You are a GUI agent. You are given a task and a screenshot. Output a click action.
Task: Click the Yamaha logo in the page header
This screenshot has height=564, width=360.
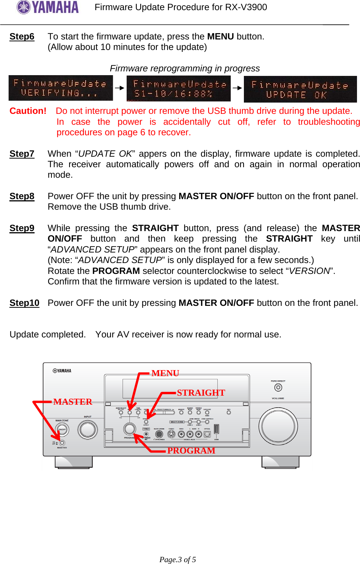(48, 7)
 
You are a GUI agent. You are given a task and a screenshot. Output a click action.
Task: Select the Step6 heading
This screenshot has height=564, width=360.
(22, 36)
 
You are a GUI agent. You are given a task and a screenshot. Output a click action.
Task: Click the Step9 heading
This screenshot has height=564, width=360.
(22, 228)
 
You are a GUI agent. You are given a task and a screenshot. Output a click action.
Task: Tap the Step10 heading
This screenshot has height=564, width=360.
(24, 303)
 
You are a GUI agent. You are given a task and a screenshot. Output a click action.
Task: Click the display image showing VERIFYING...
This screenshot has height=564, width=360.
(61, 88)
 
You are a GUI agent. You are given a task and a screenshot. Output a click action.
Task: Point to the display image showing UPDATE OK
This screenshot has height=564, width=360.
(300, 89)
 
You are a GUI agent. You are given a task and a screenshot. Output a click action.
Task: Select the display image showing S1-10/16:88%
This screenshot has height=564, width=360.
(178, 89)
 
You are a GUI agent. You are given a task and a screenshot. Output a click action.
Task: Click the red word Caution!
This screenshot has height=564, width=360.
(28, 111)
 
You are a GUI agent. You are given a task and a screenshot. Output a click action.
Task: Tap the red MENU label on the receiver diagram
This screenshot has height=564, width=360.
(165, 373)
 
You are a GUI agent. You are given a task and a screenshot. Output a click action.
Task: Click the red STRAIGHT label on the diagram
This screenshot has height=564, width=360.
(201, 393)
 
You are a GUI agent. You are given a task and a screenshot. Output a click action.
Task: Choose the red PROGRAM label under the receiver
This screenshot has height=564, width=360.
(191, 451)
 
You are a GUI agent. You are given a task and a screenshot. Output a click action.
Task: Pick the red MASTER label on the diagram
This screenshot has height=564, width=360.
(73, 402)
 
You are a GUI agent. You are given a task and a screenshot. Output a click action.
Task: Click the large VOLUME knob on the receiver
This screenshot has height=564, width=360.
(278, 426)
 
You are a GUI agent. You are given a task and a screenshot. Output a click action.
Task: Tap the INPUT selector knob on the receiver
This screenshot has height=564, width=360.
(88, 429)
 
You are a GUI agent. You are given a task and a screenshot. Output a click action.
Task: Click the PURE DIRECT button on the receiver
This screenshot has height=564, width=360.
(278, 387)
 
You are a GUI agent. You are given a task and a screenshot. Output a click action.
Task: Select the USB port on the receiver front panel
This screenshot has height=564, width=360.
(216, 429)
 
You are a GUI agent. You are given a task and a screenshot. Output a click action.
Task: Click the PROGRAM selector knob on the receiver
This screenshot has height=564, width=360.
(130, 428)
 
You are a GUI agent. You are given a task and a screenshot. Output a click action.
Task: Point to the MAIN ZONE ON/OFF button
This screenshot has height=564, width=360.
(62, 429)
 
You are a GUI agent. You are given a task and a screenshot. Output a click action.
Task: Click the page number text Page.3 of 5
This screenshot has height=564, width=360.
(177, 559)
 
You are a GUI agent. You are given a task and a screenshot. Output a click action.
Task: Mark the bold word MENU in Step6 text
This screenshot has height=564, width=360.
(220, 36)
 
